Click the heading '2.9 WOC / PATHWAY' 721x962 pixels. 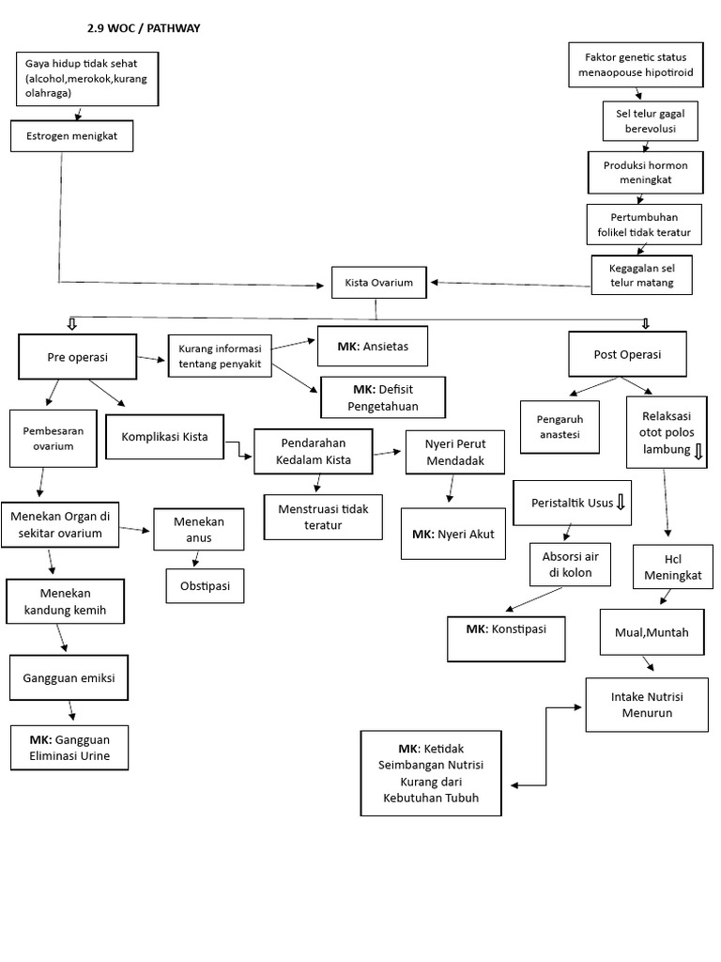point(143,28)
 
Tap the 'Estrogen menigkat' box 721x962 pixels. point(72,137)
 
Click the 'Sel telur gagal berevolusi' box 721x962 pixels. point(643,121)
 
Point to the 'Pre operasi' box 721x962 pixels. point(78,358)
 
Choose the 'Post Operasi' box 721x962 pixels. point(627,354)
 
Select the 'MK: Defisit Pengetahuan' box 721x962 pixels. point(383,397)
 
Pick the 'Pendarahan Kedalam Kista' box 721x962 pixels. point(314,452)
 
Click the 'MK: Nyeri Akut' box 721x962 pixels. point(453,535)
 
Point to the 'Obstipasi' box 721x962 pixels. point(205,586)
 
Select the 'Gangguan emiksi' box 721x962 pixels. point(69,675)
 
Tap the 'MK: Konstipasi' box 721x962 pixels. point(507,628)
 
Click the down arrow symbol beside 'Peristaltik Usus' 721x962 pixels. point(621,504)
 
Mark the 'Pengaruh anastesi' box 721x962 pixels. point(559,427)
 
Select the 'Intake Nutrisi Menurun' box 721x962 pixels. point(648,706)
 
